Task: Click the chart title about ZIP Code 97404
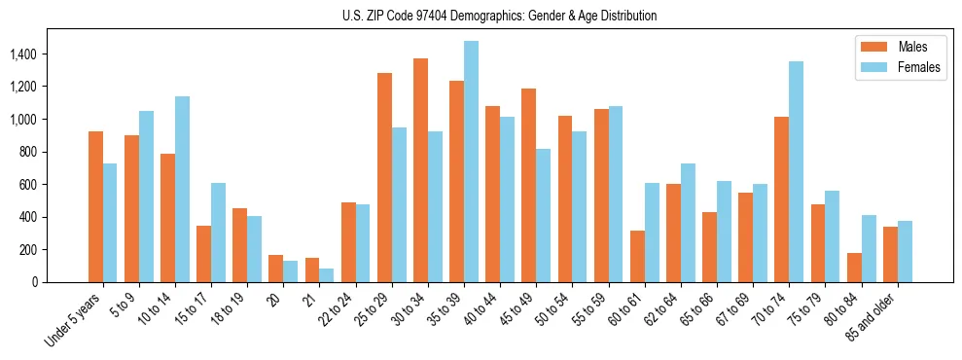[x=499, y=16]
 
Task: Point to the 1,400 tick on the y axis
[x=23, y=54]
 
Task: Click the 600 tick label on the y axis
[x=29, y=185]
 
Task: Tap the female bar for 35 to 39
[x=471, y=162]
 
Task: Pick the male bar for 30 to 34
[x=420, y=170]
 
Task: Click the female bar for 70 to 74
[x=796, y=172]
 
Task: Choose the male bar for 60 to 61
[x=637, y=256]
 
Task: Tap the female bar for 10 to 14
[x=182, y=189]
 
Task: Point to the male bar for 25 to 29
[x=384, y=177]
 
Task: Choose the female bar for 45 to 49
[x=543, y=215]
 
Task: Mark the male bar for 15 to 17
[x=203, y=254]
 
